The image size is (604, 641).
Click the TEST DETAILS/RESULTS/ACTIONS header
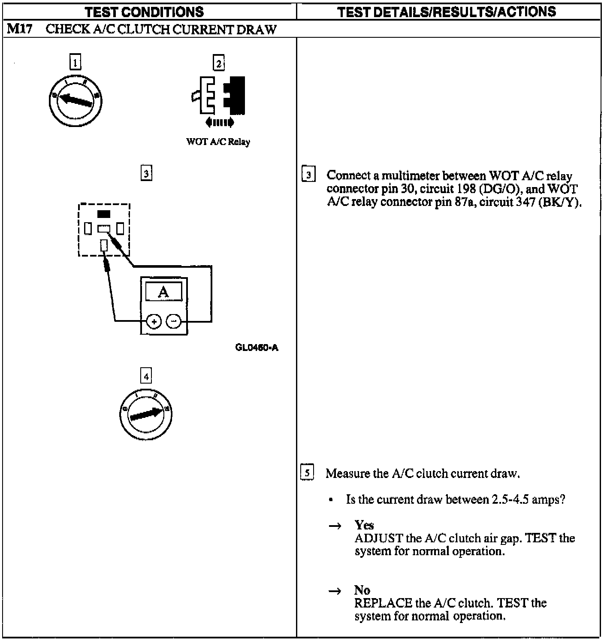tap(447, 12)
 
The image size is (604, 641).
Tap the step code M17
tap(20, 29)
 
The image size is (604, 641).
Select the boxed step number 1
tap(75, 63)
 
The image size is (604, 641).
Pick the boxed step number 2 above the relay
tap(219, 63)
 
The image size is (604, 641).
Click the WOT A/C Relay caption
tap(218, 142)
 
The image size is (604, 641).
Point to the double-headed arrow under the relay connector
tap(220, 123)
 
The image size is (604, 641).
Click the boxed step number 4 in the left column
tap(146, 376)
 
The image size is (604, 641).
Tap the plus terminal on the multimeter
tap(154, 321)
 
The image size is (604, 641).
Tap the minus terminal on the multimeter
tap(173, 321)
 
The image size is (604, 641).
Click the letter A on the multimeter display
tap(163, 293)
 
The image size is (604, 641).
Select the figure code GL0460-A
tap(257, 348)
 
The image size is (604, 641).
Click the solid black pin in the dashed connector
tap(104, 214)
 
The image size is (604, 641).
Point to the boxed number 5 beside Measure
tap(307, 473)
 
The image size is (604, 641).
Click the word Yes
tap(364, 525)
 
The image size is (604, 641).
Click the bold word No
tap(362, 590)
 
